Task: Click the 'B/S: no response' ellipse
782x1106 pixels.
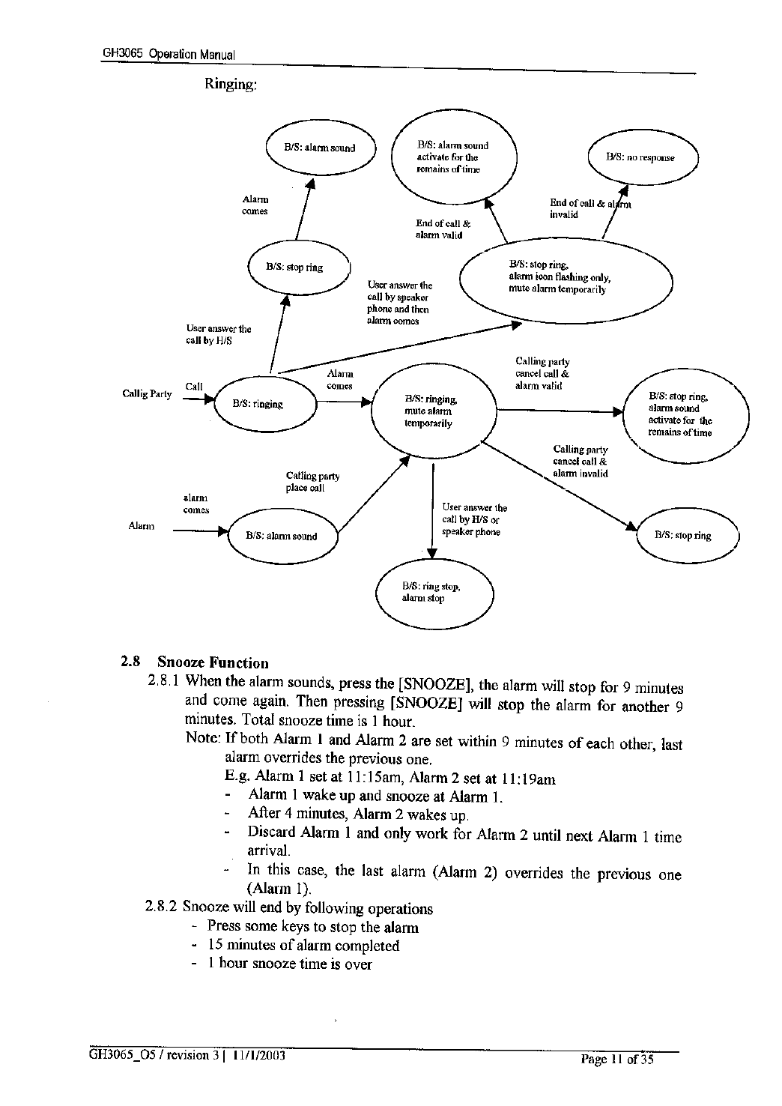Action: click(643, 158)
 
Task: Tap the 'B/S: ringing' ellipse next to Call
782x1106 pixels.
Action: click(267, 405)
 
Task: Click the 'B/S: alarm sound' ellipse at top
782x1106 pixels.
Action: click(320, 148)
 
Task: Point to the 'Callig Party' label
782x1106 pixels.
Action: click(148, 394)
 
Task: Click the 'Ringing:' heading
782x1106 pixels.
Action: click(231, 84)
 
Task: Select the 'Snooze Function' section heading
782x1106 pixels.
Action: click(213, 662)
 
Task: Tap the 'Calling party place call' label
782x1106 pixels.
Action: click(312, 482)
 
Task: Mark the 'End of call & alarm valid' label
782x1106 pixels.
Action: click(443, 229)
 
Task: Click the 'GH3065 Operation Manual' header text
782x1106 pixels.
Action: click(169, 55)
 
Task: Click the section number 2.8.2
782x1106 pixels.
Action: click(161, 908)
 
